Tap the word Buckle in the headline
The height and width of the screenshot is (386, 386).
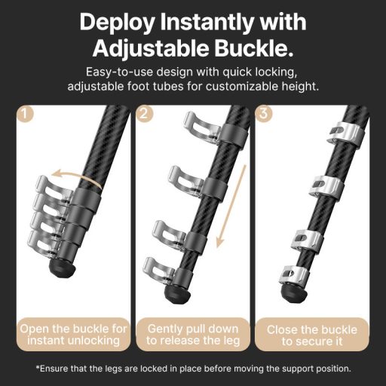pos(253,48)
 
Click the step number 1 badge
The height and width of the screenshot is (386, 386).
pos(25,114)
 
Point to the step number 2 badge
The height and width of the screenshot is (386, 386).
pos(144,114)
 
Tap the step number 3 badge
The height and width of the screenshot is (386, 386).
pos(263,114)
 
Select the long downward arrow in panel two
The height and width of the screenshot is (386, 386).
pos(231,206)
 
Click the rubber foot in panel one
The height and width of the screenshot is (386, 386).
pos(61,268)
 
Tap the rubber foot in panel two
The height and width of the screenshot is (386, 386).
pos(177,295)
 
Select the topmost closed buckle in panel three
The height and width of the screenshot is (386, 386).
pos(345,133)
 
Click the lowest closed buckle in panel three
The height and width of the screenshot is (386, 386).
pos(293,275)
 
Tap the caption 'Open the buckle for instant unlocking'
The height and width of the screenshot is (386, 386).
pos(73,335)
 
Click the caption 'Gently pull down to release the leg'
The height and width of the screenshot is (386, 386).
pos(193,335)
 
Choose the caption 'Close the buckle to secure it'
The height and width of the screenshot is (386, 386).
pos(312,335)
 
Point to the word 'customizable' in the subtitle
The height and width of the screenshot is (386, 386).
pos(242,87)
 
